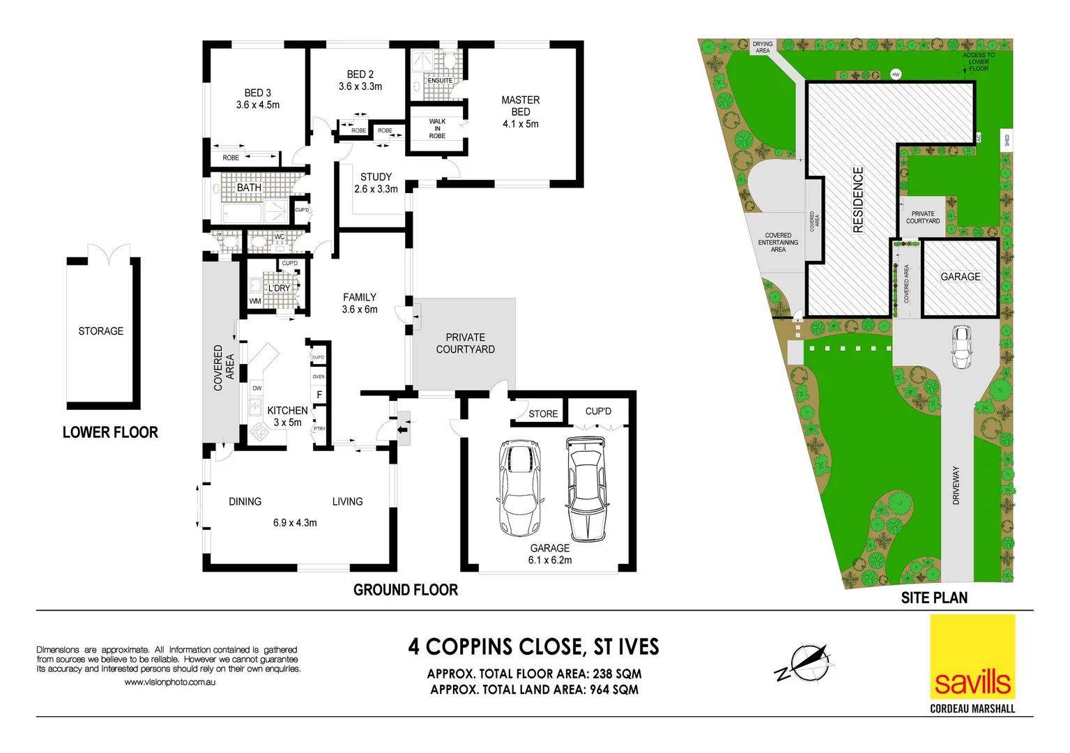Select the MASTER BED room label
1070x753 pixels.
pos(520,105)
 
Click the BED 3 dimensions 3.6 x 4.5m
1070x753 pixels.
pos(257,105)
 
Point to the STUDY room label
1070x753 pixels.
pos(376,177)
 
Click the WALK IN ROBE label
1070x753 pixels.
pos(437,128)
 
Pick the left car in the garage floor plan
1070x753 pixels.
pos(519,487)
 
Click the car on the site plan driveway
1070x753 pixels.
pos(961,347)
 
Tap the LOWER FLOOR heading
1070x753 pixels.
pos(110,432)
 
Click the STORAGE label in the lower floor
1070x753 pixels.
pos(100,331)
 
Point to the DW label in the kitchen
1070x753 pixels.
pos(257,388)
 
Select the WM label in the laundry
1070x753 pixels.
pos(255,301)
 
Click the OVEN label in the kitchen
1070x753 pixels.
pos(319,376)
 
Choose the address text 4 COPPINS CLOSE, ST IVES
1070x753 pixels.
pos(533,647)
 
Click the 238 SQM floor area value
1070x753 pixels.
pos(617,674)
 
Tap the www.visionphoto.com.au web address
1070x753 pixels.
pos(169,682)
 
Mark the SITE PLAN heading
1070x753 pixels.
pos(933,598)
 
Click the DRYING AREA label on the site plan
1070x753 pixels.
pos(763,47)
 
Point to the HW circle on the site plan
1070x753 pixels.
pos(896,74)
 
